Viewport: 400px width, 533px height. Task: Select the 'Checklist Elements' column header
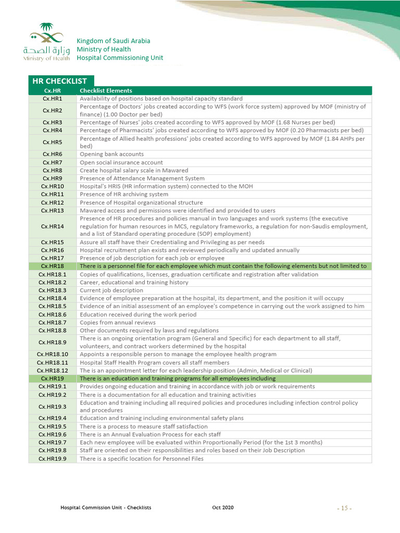tap(106, 91)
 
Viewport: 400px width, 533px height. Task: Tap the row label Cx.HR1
tap(53, 98)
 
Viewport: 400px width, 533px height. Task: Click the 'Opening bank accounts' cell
tap(111, 154)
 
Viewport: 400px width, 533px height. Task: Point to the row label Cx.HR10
tap(53, 186)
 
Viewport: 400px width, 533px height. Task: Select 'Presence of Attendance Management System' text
tap(142, 179)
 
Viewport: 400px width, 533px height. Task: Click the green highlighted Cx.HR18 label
tap(53, 266)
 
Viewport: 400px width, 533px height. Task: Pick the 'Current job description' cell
tap(111, 290)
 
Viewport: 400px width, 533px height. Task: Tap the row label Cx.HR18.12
tap(53, 371)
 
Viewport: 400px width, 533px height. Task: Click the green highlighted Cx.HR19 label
tap(53, 378)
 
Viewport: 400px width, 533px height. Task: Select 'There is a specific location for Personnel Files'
tap(141, 459)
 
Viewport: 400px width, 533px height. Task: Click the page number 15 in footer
tap(344, 508)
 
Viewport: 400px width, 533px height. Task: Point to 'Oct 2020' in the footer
tap(223, 507)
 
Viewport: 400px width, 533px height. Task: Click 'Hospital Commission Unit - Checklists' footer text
tap(106, 507)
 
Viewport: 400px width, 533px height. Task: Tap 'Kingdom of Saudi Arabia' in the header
tap(113, 41)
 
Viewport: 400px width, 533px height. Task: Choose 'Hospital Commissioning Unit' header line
tap(120, 58)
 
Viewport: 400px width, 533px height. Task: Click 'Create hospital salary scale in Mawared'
tap(134, 170)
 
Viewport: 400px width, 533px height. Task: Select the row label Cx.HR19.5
tap(53, 426)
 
